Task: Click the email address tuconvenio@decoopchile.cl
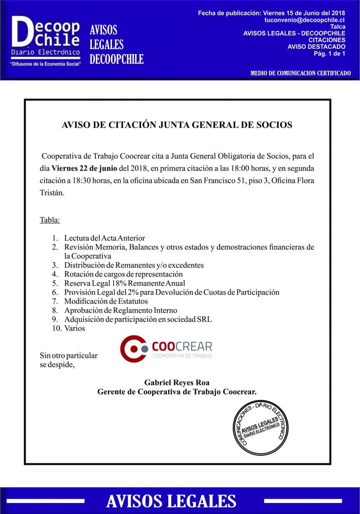[x=304, y=20]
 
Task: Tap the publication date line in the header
[x=272, y=13]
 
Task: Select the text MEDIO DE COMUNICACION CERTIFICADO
[x=300, y=73]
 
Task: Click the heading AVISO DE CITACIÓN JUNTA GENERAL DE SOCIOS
[x=177, y=125]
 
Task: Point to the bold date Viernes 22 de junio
[x=86, y=168]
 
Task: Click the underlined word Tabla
[x=50, y=220]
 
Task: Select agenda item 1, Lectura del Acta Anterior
[x=104, y=238]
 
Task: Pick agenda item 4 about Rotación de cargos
[x=123, y=274]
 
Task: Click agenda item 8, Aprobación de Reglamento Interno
[x=121, y=310]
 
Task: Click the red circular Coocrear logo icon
[x=133, y=349]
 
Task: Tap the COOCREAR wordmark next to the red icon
[x=182, y=346]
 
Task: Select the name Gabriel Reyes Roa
[x=177, y=382]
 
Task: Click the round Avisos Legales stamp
[x=262, y=428]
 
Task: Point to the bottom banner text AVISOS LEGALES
[x=171, y=500]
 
